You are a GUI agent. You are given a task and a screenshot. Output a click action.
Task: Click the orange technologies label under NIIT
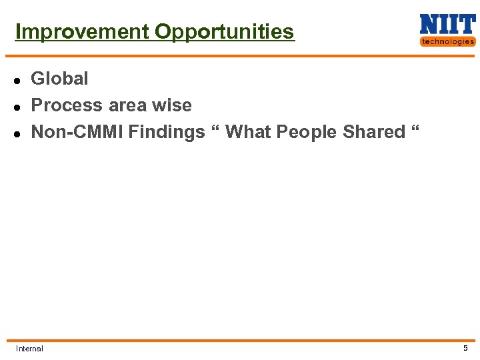coord(447,41)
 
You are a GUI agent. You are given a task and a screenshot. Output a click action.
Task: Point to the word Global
coord(59,79)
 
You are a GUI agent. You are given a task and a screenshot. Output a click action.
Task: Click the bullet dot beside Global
coord(18,80)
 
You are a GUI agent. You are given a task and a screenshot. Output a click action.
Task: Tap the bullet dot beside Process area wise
coord(18,107)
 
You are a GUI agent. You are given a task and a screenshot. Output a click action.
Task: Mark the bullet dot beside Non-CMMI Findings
coord(18,133)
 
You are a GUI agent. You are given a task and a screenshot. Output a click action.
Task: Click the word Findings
coord(167,132)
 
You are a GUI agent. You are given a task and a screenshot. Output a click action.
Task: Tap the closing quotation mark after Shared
coord(415,129)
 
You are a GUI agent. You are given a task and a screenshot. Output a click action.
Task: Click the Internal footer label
coord(29,349)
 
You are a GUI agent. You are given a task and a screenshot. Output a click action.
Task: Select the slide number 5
coord(465,348)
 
